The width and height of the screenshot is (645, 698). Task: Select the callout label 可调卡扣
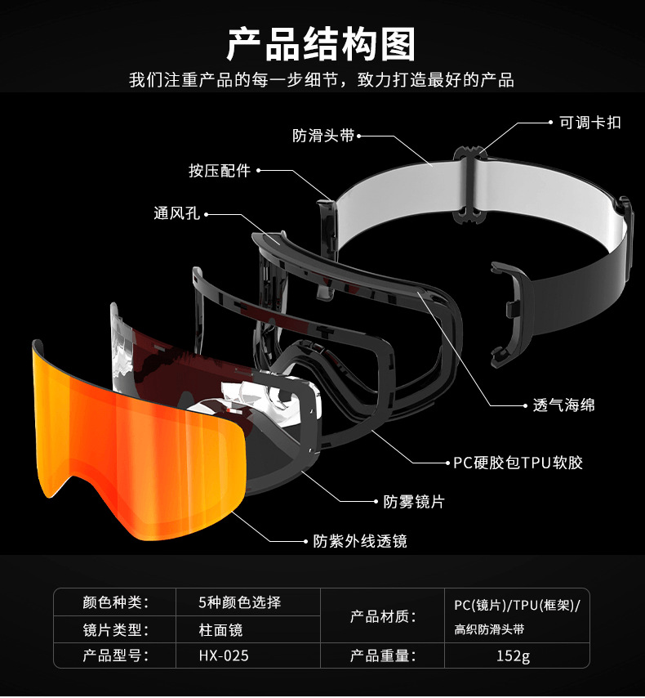[x=589, y=123]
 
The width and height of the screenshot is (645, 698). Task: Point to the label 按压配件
[x=220, y=171]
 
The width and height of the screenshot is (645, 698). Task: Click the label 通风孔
[x=177, y=214]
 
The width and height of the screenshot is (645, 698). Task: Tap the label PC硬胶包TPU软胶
[x=518, y=463]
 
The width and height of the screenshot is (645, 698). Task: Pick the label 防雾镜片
[x=414, y=501]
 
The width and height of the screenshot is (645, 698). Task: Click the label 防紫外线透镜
[x=360, y=540]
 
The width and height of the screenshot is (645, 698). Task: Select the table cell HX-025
[x=224, y=655]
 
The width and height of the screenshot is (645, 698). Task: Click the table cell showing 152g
[x=513, y=655]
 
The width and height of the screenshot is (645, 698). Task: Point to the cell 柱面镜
[x=220, y=629]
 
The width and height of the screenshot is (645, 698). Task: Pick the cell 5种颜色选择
[x=239, y=602]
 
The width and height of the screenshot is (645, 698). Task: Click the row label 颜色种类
[x=115, y=602]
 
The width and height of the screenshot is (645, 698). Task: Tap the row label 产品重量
[x=383, y=655]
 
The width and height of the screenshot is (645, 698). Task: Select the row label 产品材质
[x=383, y=615]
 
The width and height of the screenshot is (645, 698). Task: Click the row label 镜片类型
[x=115, y=629]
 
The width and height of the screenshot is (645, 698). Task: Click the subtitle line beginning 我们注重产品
[x=322, y=80]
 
